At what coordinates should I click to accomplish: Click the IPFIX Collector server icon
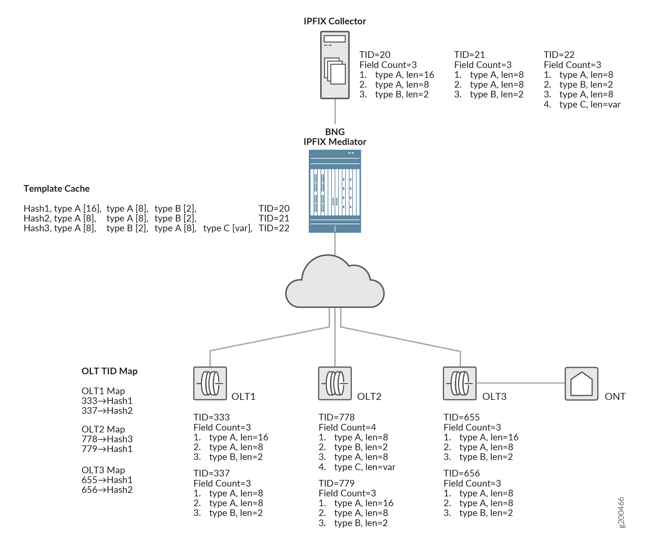point(335,65)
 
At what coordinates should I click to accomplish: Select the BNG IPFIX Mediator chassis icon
point(335,191)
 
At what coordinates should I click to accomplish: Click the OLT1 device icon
point(210,383)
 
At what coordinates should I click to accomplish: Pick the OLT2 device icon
point(335,383)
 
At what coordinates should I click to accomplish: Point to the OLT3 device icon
point(460,383)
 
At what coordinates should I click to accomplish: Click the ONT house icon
point(582,383)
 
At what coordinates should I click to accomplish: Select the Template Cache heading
point(57,189)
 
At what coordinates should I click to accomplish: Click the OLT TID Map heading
point(109,371)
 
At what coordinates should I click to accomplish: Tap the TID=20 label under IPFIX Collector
point(375,55)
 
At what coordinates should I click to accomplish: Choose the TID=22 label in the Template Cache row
point(274,228)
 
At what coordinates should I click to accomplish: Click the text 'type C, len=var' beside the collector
point(590,104)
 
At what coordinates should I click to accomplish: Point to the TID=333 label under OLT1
point(211,417)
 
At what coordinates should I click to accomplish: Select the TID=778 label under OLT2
point(337,417)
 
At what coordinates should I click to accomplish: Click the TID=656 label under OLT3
point(462,473)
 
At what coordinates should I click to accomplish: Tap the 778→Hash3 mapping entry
point(107,439)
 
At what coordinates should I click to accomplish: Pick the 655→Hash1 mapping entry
point(107,480)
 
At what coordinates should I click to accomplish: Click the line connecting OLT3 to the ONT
point(521,383)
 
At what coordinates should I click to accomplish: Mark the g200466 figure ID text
point(621,513)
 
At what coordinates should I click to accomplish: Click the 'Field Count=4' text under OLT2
point(347,427)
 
